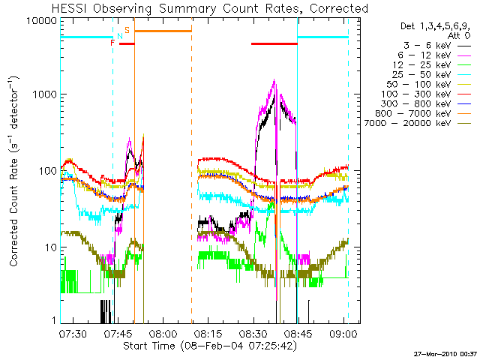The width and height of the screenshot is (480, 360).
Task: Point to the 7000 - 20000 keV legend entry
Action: click(419, 123)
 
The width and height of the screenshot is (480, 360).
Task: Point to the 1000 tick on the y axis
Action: click(44, 95)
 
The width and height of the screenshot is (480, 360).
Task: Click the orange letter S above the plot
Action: click(127, 30)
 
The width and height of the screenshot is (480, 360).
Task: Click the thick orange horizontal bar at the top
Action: click(163, 31)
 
